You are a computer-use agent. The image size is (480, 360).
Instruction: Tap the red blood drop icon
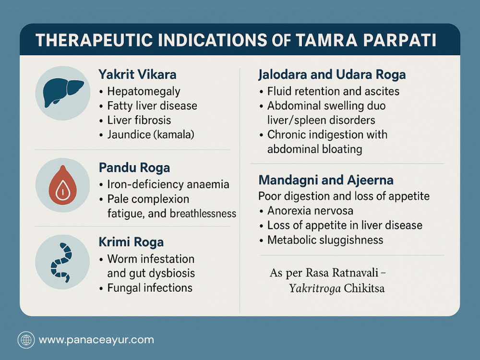63,185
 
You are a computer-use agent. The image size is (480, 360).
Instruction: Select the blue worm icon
61,262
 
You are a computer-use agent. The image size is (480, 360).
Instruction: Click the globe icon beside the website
26,340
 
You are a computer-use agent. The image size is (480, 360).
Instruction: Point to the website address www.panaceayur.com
96,340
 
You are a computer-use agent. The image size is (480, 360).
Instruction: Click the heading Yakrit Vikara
137,74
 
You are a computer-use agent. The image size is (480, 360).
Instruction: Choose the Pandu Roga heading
134,168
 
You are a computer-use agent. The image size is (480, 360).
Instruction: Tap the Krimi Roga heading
131,242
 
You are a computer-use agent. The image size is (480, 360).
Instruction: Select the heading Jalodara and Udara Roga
332,74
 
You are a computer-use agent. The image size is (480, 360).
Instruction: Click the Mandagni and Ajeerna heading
326,180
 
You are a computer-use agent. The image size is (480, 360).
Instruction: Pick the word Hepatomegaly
144,91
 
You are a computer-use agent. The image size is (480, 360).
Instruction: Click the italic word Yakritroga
315,288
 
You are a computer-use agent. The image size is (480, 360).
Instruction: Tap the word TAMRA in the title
326,40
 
